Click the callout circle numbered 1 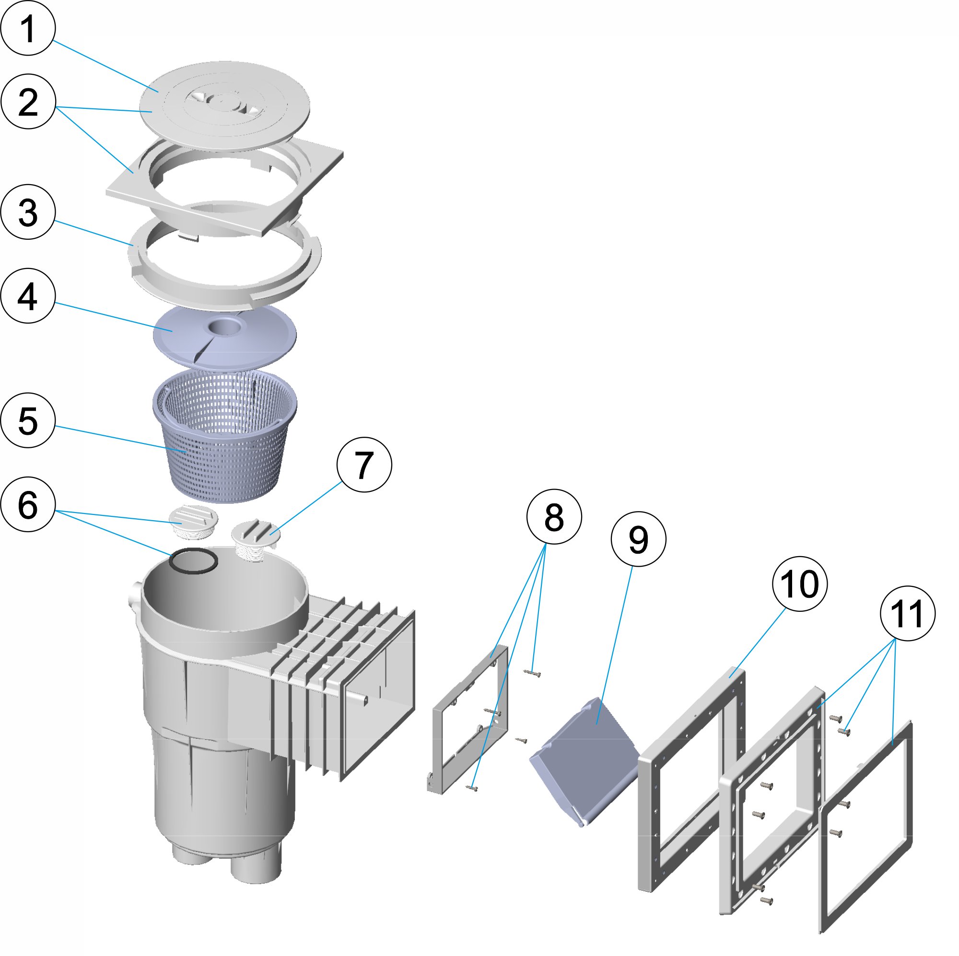coord(27,28)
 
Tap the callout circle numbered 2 coord(27,102)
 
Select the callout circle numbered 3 coord(27,212)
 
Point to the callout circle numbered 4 coord(27,296)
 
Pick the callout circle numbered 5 coord(27,420)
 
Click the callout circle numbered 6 coord(27,505)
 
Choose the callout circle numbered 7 coord(364,465)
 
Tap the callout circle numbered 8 coord(553,517)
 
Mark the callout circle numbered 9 coord(638,539)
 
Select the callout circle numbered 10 coord(800,584)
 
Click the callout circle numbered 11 coord(907,614)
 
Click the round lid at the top coord(224,107)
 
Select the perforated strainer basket coord(224,437)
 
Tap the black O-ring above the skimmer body coord(193,560)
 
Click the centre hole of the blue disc coord(226,327)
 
